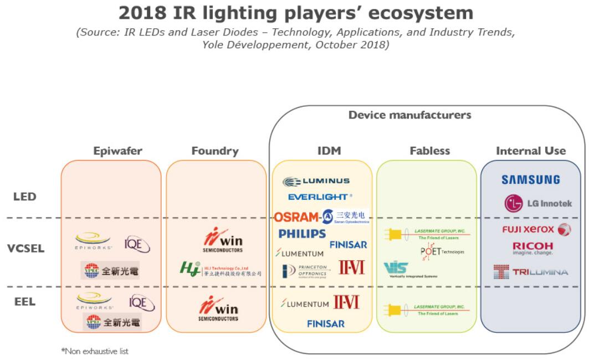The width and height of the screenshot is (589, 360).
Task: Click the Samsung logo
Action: [530, 179]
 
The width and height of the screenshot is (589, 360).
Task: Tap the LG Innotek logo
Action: [537, 203]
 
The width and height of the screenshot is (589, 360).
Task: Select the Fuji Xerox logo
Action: [536, 229]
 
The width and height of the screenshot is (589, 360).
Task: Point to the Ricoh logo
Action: [532, 248]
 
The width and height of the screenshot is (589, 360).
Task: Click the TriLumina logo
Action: [530, 272]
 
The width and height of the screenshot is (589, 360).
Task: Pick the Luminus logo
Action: [316, 181]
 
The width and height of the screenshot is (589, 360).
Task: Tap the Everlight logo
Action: [320, 197]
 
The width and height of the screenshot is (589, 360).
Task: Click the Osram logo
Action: [297, 217]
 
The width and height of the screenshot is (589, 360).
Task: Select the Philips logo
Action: [302, 234]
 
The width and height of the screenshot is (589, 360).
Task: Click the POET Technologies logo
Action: [442, 252]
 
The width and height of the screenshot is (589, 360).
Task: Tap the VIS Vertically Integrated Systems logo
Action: [410, 270]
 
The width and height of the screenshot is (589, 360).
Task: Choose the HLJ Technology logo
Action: [220, 269]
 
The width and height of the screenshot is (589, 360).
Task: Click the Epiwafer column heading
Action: [117, 151]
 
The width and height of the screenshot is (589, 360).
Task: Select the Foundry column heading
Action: [215, 151]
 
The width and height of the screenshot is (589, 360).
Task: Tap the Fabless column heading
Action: [429, 151]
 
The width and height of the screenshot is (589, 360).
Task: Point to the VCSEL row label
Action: [25, 248]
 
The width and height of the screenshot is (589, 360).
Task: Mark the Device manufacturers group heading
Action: [409, 115]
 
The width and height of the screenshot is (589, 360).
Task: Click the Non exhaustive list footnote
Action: [95, 351]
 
